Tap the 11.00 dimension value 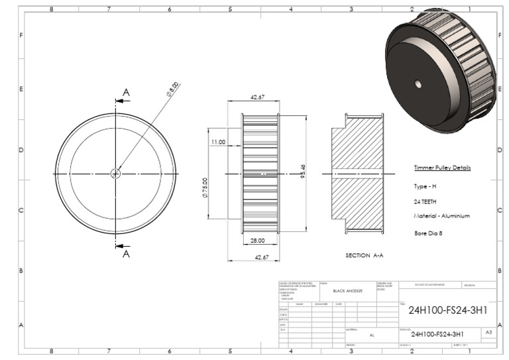[218, 142]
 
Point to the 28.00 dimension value [258, 241]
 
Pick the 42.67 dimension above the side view [258, 97]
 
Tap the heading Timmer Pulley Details [442, 168]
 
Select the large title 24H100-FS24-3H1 [448, 310]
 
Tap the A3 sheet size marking [488, 331]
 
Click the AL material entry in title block [372, 335]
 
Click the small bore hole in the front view [115, 174]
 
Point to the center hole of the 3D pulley [418, 84]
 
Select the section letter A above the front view [127, 92]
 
